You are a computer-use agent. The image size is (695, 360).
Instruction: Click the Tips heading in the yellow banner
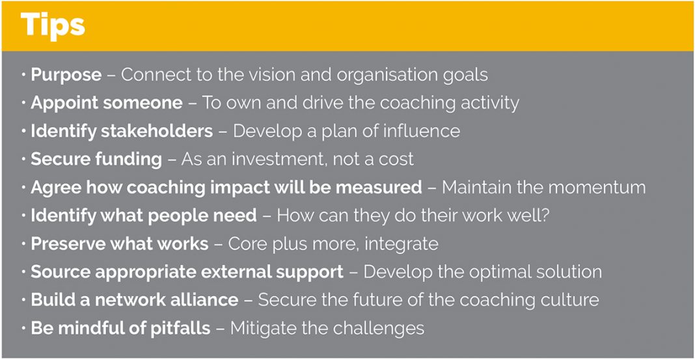[x=52, y=26]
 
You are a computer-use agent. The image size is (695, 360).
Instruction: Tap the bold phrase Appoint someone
[x=106, y=104]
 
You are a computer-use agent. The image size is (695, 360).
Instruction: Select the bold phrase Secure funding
[x=96, y=159]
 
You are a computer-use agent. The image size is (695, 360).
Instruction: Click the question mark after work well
[x=545, y=216]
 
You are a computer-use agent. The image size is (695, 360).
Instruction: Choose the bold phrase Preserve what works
[x=120, y=244]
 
